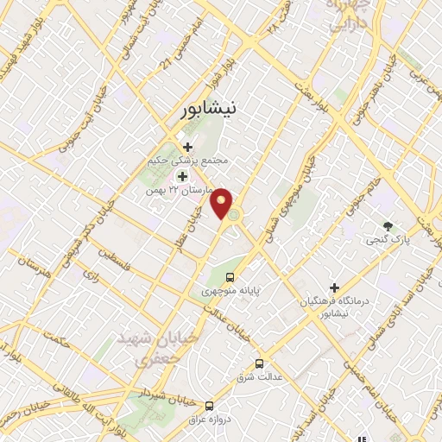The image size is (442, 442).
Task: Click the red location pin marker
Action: [x=223, y=201]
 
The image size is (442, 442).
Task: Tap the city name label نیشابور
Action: [x=212, y=110]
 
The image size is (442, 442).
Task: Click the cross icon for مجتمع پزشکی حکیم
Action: [x=187, y=147]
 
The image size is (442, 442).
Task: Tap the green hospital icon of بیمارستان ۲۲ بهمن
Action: [x=182, y=176]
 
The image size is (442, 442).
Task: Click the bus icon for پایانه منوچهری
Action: [x=230, y=277]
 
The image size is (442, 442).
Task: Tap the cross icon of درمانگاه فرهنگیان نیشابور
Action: [x=334, y=287]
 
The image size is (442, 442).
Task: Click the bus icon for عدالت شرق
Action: [x=260, y=363]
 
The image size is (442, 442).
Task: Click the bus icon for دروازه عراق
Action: [x=209, y=405]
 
